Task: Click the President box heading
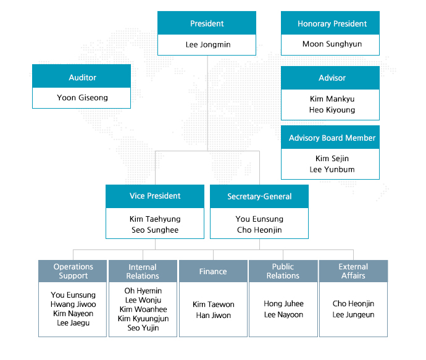click(x=207, y=23)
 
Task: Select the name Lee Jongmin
click(x=208, y=44)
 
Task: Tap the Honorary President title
click(x=332, y=24)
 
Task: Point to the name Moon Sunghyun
click(x=332, y=44)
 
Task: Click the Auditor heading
click(x=82, y=78)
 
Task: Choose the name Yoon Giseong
click(x=82, y=98)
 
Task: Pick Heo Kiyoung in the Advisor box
click(x=332, y=110)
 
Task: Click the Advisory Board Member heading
click(x=332, y=138)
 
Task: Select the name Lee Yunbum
click(x=332, y=170)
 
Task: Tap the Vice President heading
click(x=155, y=196)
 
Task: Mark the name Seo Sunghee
click(x=155, y=230)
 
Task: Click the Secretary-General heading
click(x=259, y=196)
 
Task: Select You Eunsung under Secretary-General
click(x=259, y=219)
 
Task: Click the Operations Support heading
click(x=73, y=271)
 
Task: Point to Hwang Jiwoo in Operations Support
click(x=73, y=304)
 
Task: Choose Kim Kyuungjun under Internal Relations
click(x=143, y=319)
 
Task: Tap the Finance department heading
click(x=213, y=272)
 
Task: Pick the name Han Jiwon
click(x=214, y=316)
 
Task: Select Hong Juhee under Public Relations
click(x=283, y=304)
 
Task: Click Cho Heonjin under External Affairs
click(x=353, y=304)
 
